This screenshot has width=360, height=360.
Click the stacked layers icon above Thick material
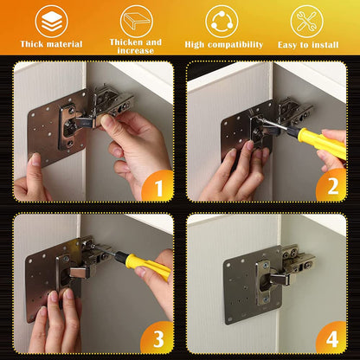51,21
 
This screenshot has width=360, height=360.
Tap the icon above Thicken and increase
136,20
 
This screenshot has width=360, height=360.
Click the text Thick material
51,44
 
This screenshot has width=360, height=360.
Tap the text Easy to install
307,44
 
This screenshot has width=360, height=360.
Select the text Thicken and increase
136,46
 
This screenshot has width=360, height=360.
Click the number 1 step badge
157,184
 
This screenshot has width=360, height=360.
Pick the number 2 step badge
330,184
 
